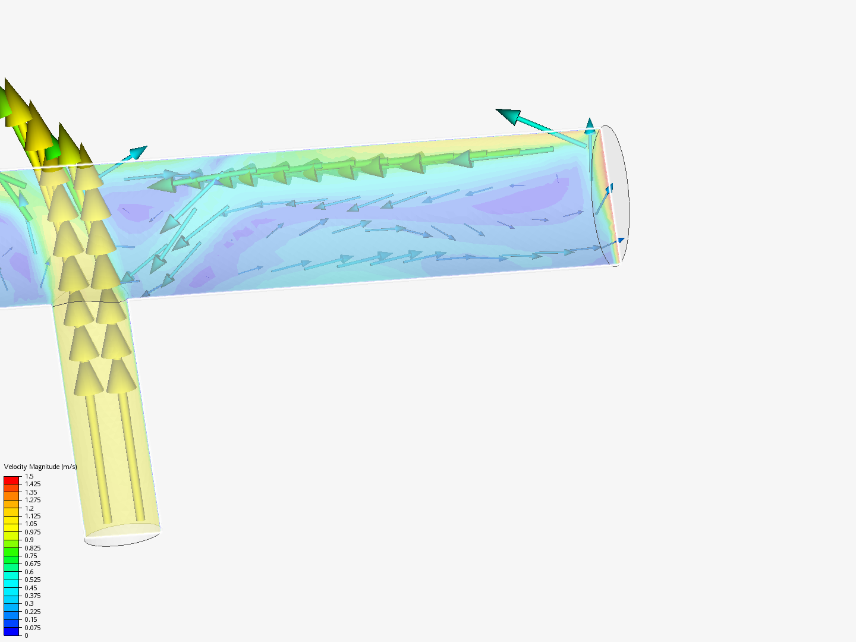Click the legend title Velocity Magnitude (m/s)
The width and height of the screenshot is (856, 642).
tap(40, 467)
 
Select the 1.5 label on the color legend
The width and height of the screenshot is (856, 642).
tap(29, 476)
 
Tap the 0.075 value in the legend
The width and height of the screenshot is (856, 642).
tap(33, 628)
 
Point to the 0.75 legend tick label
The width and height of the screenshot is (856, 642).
tap(31, 556)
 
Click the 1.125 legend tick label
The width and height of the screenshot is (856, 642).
tap(33, 516)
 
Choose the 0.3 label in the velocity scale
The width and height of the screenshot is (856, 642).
tap(29, 603)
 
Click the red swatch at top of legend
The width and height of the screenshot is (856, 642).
tap(12, 480)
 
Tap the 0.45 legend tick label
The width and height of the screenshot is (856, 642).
tap(31, 588)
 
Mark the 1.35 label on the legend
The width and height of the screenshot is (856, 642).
tap(31, 492)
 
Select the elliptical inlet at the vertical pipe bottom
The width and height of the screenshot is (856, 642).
tap(122, 535)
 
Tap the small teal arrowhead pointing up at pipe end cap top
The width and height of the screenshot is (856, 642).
tap(590, 125)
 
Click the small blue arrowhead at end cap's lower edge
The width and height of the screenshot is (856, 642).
tap(621, 240)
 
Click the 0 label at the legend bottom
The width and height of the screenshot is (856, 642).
tap(26, 635)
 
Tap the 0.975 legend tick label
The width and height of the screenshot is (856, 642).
tap(33, 532)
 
